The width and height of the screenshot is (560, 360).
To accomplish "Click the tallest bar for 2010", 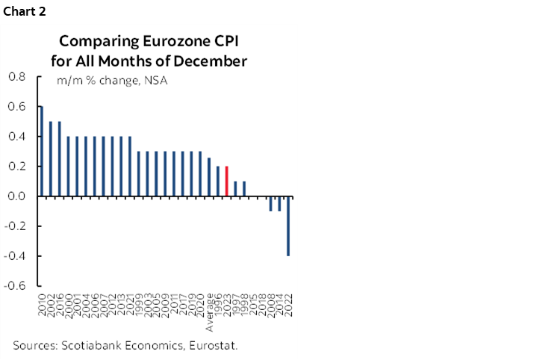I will point(42,152).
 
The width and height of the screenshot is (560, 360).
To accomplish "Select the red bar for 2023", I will point(227,181).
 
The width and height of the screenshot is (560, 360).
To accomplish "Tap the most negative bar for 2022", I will point(288,226).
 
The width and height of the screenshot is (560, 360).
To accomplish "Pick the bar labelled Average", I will point(209,178).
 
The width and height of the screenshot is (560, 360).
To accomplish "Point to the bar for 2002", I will point(51,159).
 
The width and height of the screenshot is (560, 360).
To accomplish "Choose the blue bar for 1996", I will point(218,181).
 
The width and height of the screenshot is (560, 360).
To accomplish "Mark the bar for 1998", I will point(244,189).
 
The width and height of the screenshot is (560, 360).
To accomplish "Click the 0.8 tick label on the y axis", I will point(16,77).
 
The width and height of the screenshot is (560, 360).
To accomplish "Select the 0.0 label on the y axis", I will point(16,196).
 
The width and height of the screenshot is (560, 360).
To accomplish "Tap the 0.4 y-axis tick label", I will point(16,137).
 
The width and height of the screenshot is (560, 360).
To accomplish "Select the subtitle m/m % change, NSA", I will point(108,80).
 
